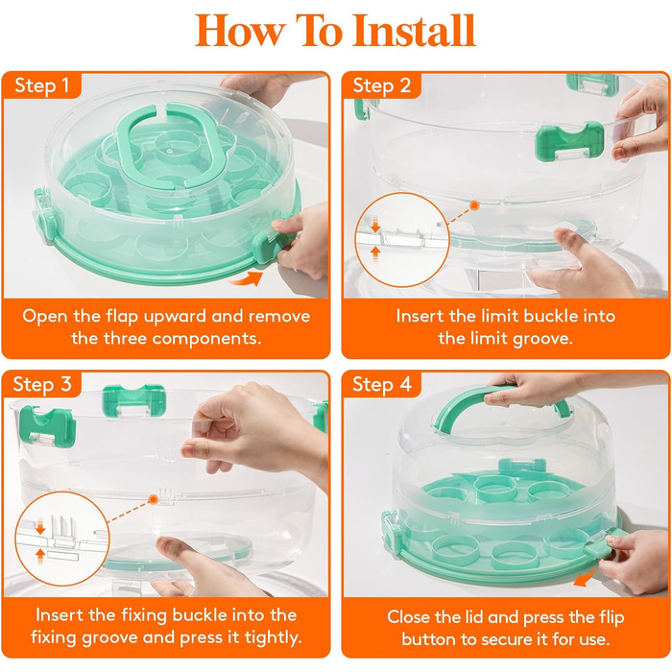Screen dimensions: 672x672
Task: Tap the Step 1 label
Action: pyautogui.click(x=41, y=85)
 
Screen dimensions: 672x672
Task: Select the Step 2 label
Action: pyautogui.click(x=381, y=85)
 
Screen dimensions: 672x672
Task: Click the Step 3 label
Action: pyautogui.click(x=42, y=384)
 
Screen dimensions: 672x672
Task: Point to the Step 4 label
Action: pyautogui.click(x=382, y=384)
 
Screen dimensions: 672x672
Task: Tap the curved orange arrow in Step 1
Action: pyautogui.click(x=247, y=279)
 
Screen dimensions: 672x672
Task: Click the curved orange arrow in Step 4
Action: pyautogui.click(x=585, y=576)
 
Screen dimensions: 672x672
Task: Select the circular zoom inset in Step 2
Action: pyautogui.click(x=402, y=240)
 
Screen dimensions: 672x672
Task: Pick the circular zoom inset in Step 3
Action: pyautogui.click(x=62, y=539)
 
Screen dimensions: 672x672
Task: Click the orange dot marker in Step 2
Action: pyautogui.click(x=474, y=205)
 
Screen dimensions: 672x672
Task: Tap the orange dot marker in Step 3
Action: pyautogui.click(x=153, y=499)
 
